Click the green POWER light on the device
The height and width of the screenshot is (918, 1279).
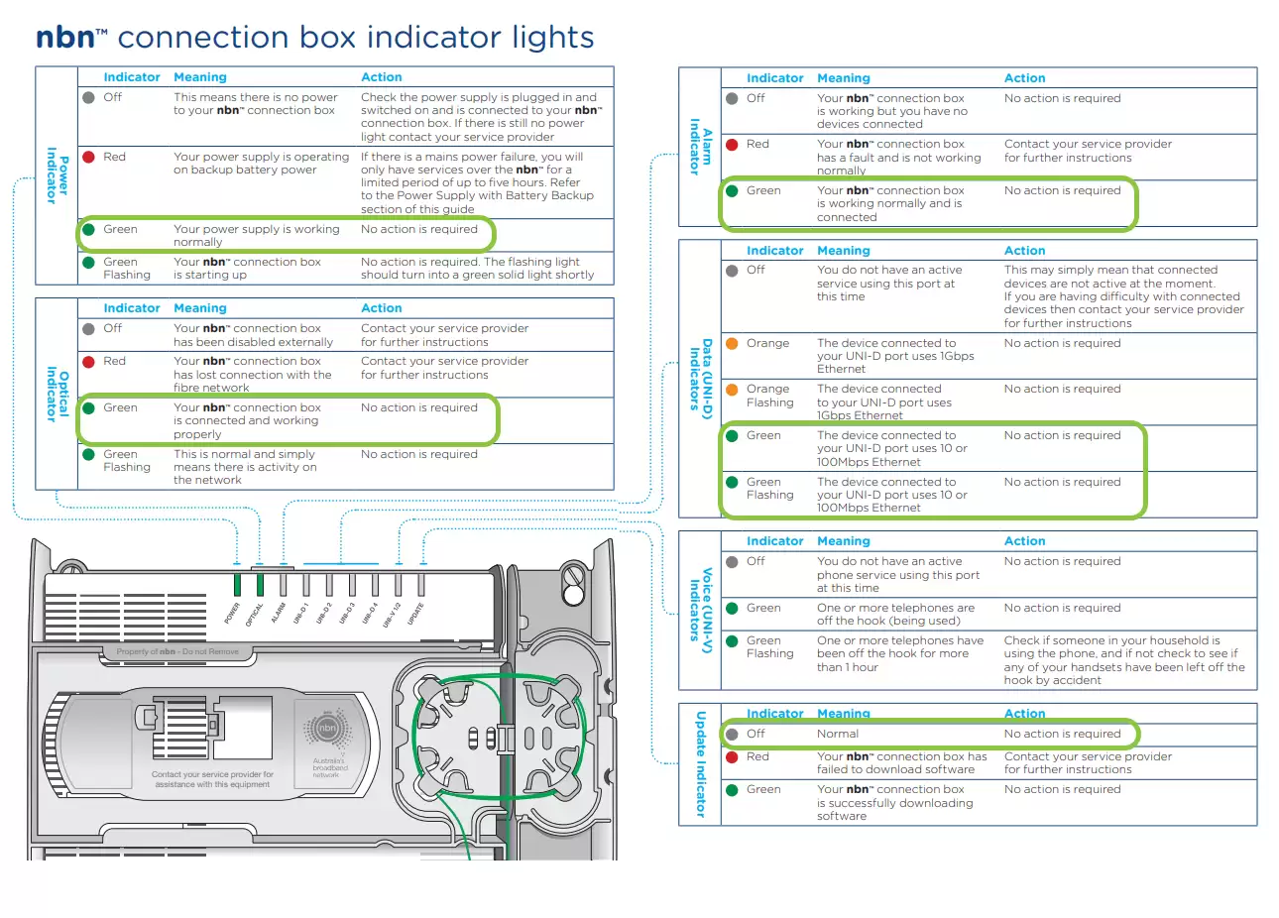[x=238, y=584]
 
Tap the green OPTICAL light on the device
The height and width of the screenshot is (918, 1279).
[x=260, y=584]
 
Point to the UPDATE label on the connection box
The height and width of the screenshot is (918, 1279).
[x=416, y=612]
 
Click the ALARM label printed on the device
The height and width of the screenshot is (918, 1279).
[x=279, y=613]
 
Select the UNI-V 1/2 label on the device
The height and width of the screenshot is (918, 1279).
[x=394, y=614]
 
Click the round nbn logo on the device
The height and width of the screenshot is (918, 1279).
[x=327, y=729]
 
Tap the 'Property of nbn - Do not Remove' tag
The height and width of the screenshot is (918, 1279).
[x=177, y=652]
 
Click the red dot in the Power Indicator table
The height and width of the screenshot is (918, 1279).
[x=88, y=157]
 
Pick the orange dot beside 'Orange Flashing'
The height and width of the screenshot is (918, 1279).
[x=732, y=390]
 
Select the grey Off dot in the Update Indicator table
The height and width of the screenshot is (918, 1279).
[x=732, y=735]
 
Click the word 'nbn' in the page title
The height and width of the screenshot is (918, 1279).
[x=65, y=38]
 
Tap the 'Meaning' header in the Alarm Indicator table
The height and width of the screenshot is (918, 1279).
[x=843, y=78]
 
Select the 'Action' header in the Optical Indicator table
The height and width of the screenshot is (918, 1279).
[x=381, y=308]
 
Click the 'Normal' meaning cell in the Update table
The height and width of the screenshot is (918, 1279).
[x=838, y=735]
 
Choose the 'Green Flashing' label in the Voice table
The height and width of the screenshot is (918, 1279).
[x=769, y=647]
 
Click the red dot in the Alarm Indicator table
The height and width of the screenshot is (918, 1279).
[x=732, y=145]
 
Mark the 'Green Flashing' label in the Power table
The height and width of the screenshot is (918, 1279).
[x=127, y=269]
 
